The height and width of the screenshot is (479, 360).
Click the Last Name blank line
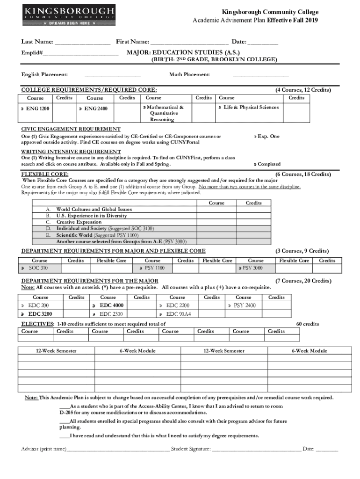(82, 43)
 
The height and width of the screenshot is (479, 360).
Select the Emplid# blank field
(80, 52)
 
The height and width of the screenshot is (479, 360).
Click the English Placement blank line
(112, 75)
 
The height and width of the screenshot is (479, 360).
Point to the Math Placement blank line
(260, 75)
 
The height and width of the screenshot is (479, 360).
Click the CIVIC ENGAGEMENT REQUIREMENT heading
(71, 129)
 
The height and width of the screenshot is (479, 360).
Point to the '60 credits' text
(308, 324)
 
